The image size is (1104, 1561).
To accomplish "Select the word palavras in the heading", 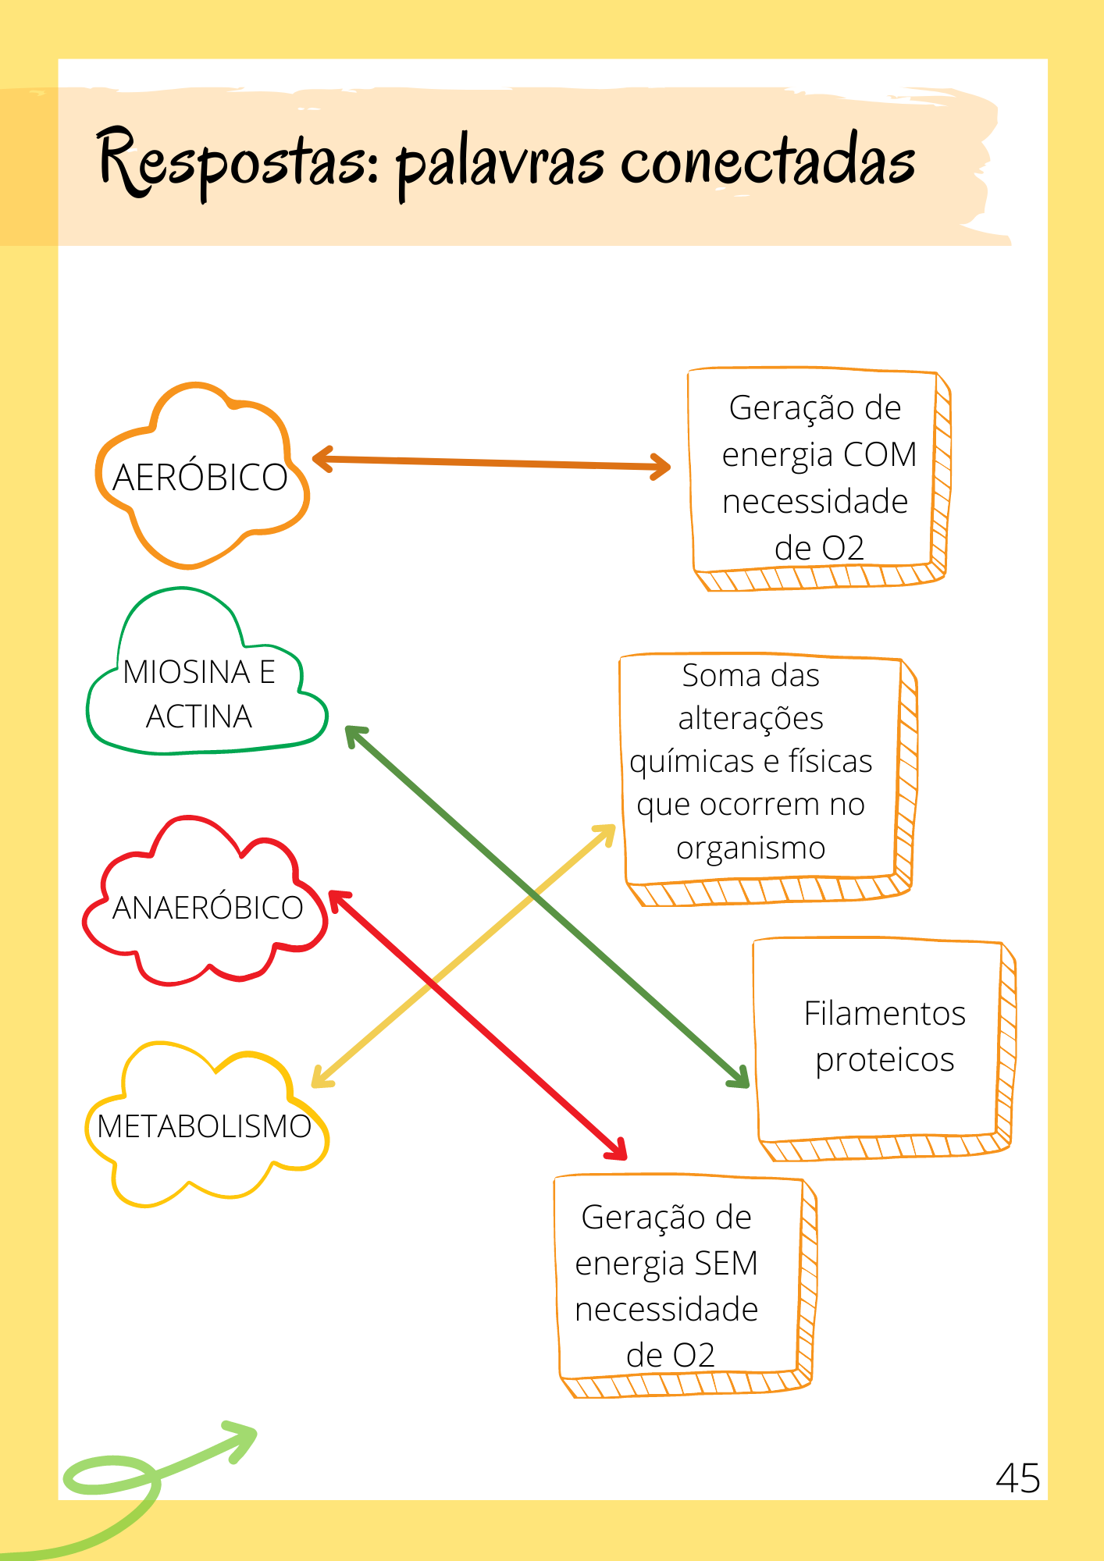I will pos(500,164).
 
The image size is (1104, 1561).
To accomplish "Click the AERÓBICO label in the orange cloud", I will pos(200,478).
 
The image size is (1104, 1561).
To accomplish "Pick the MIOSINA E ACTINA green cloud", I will pos(200,694).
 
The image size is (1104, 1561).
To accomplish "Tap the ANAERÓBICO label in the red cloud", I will pos(208,909).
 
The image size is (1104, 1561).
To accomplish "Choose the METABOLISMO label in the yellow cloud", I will pos(205,1127).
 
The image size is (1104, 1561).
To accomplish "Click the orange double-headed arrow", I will pos(492,464).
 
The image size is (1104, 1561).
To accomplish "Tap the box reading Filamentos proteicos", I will pos(884,1038).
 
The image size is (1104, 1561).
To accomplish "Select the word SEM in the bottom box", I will pos(725,1264).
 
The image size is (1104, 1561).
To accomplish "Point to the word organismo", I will pos(751,848).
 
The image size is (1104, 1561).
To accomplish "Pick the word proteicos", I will pos(885,1061).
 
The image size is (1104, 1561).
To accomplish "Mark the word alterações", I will pos(751,719).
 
